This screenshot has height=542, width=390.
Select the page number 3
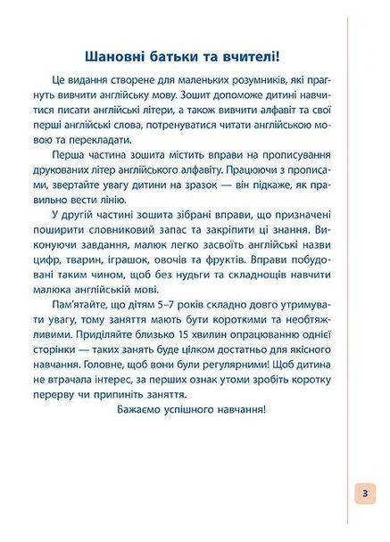[365, 495]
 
